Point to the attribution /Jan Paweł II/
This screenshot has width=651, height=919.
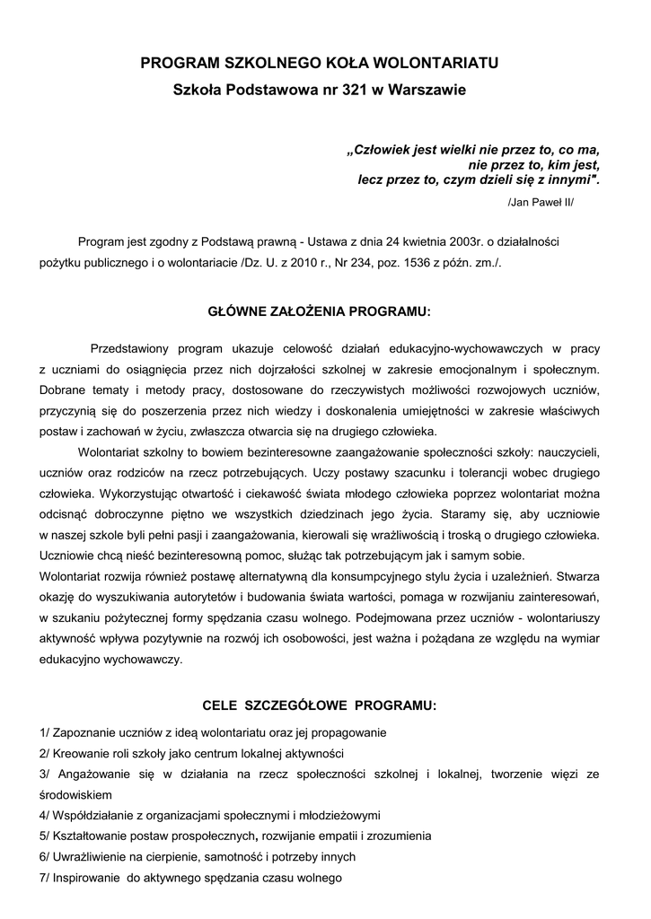coord(540,203)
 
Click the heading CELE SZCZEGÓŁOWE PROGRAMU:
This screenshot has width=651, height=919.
coord(321,705)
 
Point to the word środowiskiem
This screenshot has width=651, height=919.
coord(76,794)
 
